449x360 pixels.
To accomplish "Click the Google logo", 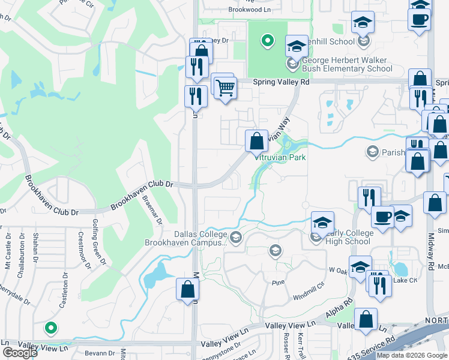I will point(20,353).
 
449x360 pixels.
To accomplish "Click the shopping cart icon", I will point(225,88).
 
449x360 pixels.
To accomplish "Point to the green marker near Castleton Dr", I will point(51,328).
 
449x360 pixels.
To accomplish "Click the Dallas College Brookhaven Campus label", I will point(185,239).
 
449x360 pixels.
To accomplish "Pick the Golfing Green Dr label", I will point(96,254).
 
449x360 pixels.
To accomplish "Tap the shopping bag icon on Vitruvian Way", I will point(256,142).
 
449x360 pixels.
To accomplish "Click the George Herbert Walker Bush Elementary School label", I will point(347,65).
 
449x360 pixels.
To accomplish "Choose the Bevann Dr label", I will point(100,354).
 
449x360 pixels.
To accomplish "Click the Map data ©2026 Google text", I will point(412,355).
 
